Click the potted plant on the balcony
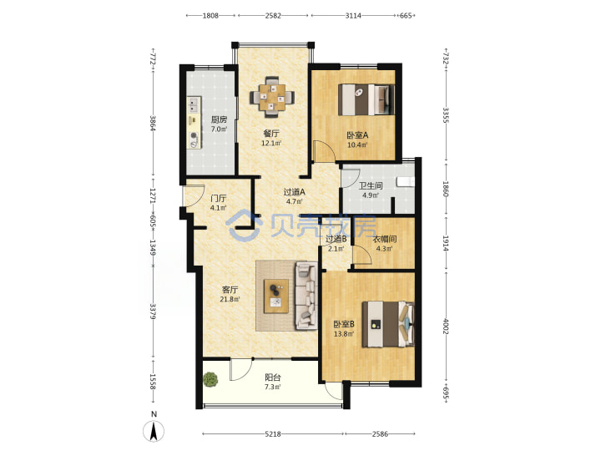[210, 380]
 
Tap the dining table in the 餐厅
[272, 97]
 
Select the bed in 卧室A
[366, 99]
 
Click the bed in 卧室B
[388, 324]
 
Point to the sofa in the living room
[306, 296]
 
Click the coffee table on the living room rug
[276, 296]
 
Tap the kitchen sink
[194, 104]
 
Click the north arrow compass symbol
[154, 428]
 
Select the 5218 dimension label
[273, 434]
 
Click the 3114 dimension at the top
[353, 16]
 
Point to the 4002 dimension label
[446, 326]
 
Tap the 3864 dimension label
[153, 123]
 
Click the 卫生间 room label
[371, 186]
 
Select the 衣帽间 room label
[385, 240]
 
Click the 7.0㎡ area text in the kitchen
[219, 129]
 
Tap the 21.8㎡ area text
[230, 299]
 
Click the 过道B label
[336, 239]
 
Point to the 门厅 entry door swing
[194, 195]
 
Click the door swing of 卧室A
[324, 150]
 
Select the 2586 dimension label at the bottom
[380, 434]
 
